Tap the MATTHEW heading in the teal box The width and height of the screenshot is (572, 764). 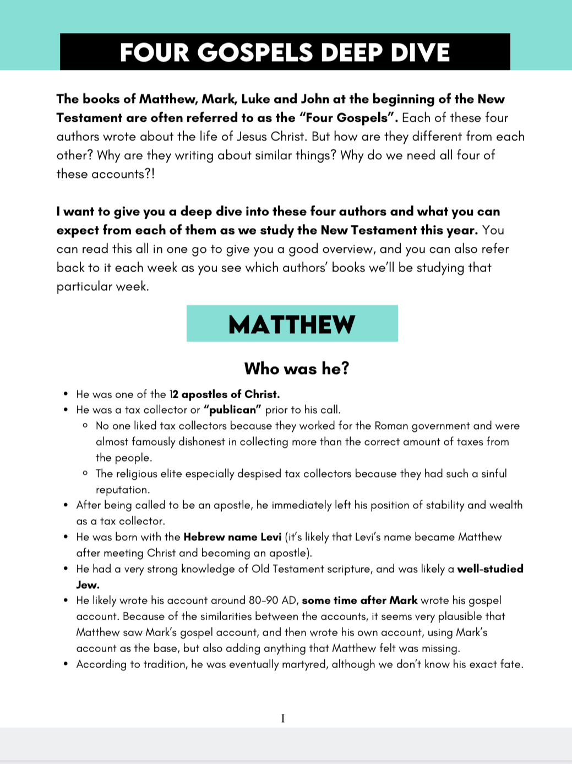coord(292,324)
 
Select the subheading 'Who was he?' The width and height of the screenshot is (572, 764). coord(297,368)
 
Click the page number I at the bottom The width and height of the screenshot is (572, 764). coord(283,718)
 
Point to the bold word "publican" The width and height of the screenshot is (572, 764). coord(232,410)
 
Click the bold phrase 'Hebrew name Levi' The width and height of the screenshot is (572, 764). coord(232,537)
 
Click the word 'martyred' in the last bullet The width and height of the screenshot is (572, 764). coord(304,664)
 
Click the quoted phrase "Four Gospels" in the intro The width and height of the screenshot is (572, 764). coord(349,118)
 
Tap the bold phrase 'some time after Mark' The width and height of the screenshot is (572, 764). coord(359,600)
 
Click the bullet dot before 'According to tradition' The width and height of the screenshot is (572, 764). coord(66,664)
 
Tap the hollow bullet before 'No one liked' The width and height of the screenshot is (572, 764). coord(85,426)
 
